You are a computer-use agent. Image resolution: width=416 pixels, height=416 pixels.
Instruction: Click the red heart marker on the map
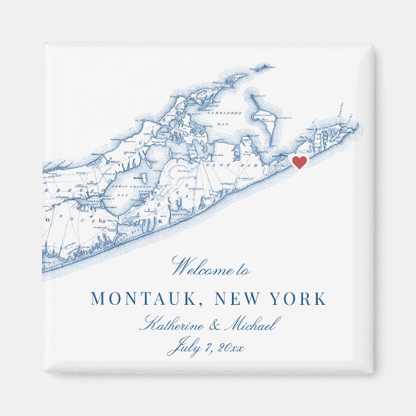click(299, 162)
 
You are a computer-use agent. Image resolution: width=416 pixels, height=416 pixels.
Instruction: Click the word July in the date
click(183, 349)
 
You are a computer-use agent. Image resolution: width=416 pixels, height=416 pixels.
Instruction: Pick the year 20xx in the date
click(231, 348)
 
